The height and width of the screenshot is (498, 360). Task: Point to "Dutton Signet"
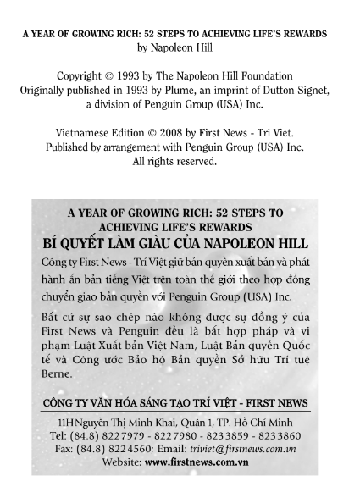point(283,91)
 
